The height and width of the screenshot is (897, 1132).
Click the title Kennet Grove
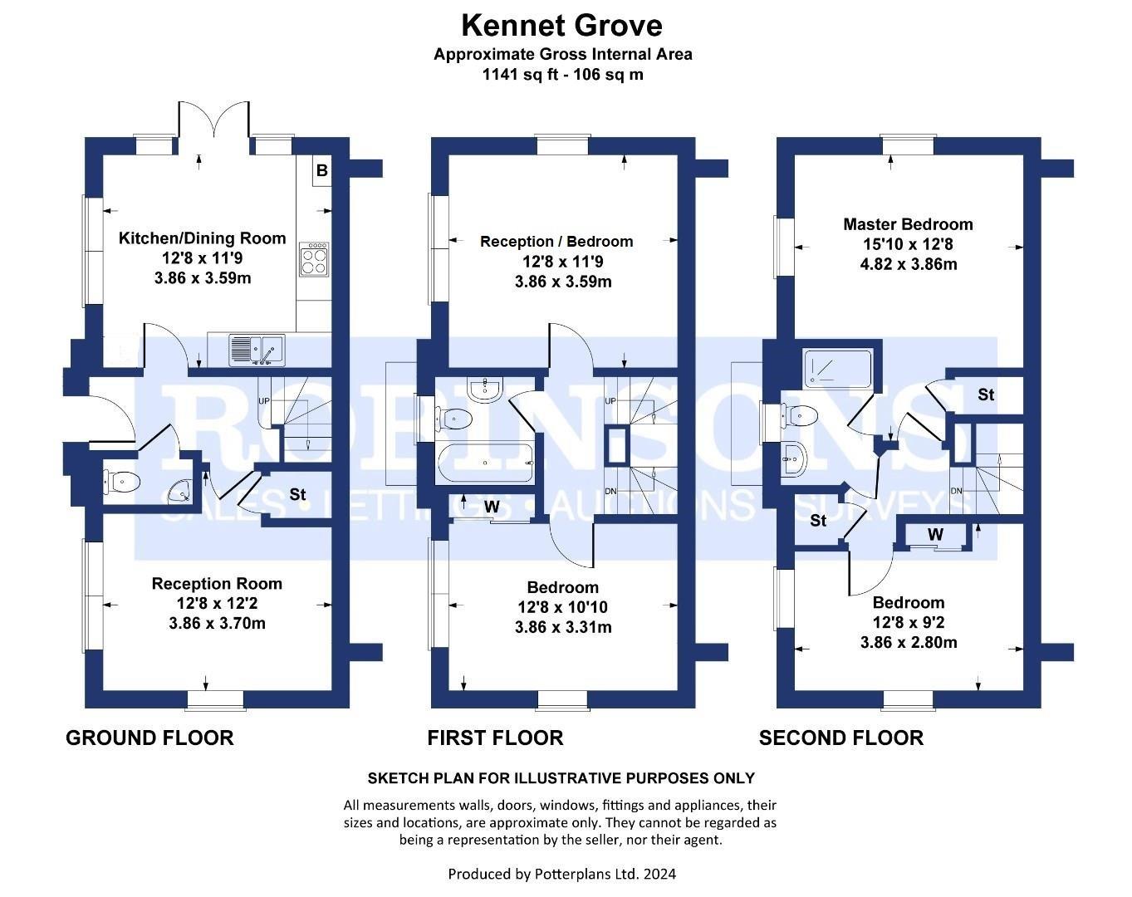point(561,26)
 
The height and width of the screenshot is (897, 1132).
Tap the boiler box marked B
point(322,172)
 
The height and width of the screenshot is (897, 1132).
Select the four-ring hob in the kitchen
point(315,259)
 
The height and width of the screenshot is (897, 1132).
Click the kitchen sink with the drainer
point(257,350)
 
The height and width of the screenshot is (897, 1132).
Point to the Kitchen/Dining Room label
point(202,238)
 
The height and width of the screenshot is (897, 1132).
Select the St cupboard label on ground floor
point(297,495)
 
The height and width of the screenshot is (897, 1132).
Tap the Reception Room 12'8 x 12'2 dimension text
point(216,604)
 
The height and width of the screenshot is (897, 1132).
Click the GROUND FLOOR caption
point(149,738)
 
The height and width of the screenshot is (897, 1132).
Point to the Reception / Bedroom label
point(556,242)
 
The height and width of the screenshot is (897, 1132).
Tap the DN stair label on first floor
point(611,492)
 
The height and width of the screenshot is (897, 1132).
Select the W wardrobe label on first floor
point(492,506)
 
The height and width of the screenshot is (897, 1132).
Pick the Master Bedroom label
point(908,224)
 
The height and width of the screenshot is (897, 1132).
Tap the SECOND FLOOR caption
point(840,738)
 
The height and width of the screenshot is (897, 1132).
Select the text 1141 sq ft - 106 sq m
point(562,74)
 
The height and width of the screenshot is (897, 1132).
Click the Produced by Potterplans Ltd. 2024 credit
point(561,874)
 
